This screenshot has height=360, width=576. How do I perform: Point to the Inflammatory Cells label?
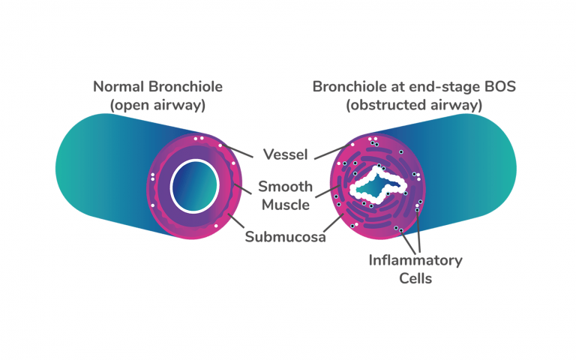(415, 269)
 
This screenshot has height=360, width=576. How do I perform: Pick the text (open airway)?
(157, 105)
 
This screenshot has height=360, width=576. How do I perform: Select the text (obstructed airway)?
(413, 105)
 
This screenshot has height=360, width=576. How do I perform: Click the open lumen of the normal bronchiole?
(193, 184)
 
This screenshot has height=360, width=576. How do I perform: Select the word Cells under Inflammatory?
(415, 279)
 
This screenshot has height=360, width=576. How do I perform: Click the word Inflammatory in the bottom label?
(415, 260)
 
